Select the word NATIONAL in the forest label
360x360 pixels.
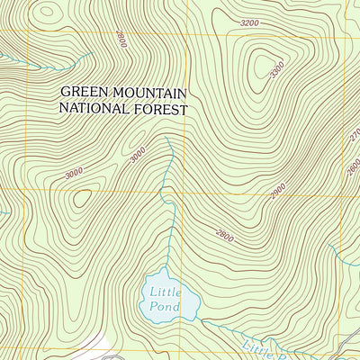pos(94,109)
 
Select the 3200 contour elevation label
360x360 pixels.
pos(250,22)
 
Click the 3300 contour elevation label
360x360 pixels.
pos(277,67)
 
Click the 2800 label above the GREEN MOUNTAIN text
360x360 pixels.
pos(121,39)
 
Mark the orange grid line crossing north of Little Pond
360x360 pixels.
pos(187,193)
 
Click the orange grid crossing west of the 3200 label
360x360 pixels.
pos(187,34)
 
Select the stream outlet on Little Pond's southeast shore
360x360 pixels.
pos(200,319)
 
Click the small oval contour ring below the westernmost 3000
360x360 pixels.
pos(83,198)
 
